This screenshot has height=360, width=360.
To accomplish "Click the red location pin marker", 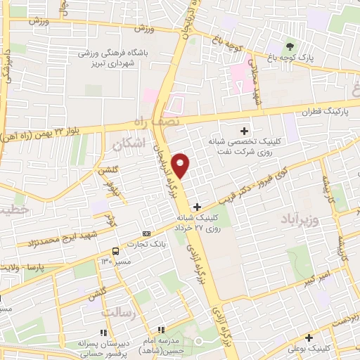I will (181, 165).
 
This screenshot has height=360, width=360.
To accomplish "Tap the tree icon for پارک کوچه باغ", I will (289, 48).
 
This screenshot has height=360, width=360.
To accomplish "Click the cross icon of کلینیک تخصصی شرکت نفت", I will (245, 130).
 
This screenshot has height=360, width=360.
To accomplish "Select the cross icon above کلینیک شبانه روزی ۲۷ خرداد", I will (198, 207).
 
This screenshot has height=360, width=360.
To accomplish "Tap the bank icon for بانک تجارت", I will (146, 233).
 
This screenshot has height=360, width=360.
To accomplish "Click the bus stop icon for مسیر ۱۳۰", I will (115, 251).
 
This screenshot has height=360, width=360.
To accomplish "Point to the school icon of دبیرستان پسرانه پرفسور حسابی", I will (103, 332).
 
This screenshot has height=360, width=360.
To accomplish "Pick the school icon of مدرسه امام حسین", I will (160, 329).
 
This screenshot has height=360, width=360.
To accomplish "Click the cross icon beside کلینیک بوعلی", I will (310, 338).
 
